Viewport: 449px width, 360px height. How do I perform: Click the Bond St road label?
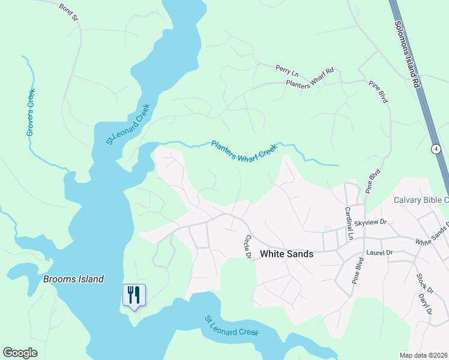[x=69, y=12]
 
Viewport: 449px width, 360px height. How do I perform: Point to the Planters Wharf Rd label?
[x=309, y=79]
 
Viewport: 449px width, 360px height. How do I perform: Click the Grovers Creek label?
[x=31, y=112]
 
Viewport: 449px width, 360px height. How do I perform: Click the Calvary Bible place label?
[x=421, y=200]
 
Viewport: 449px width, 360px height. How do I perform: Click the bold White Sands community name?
[x=286, y=254]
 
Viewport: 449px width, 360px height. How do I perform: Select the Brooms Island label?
[x=73, y=279]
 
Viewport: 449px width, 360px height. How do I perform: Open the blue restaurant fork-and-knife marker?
[x=133, y=295]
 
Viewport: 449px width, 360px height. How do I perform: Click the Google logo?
[x=20, y=353]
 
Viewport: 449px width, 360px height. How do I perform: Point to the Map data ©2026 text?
[x=423, y=355]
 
